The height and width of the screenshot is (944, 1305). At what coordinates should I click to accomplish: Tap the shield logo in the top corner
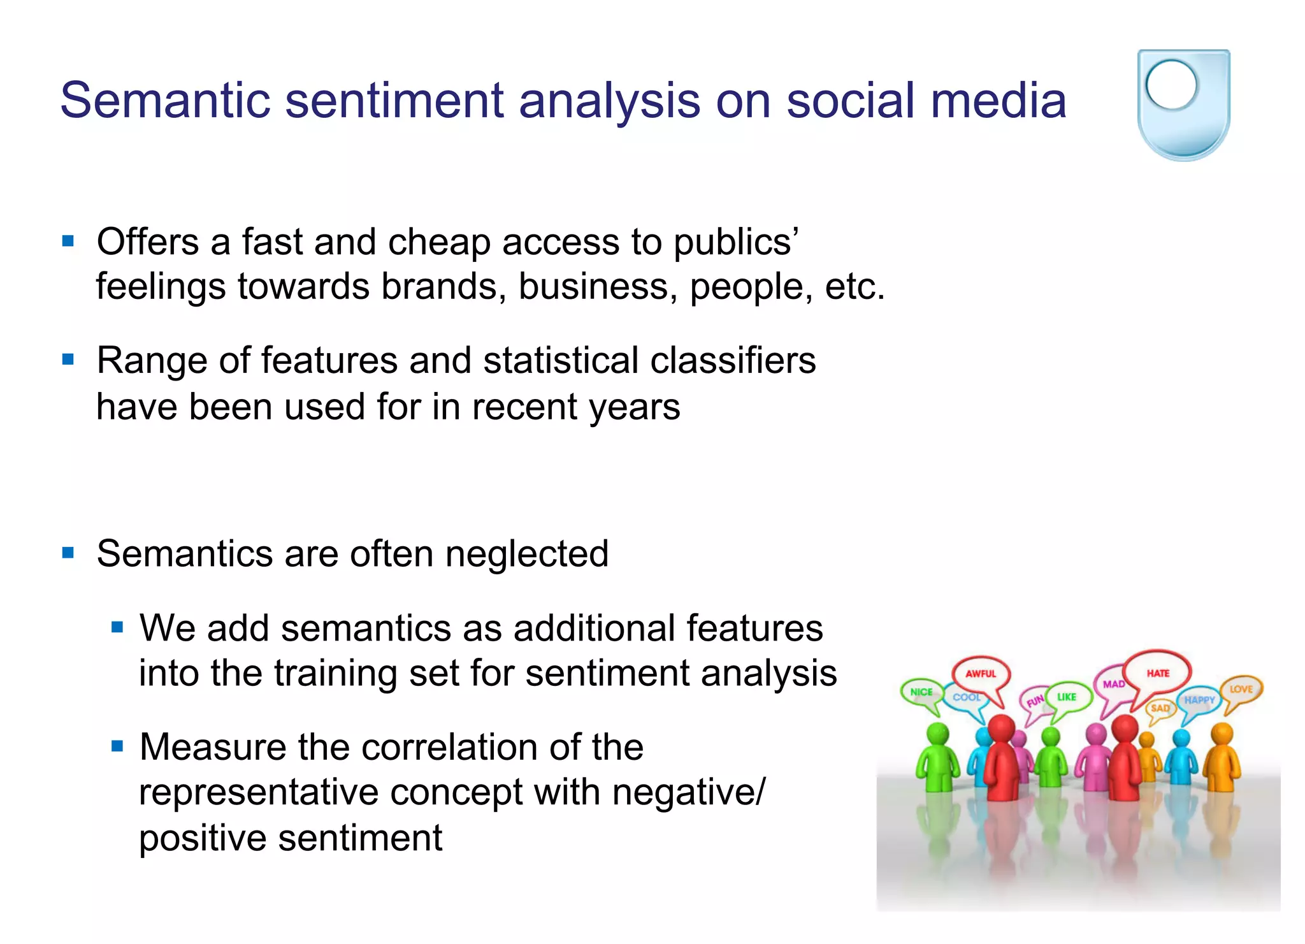click(x=1183, y=105)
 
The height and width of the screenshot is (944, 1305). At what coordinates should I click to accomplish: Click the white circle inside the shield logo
click(x=1171, y=85)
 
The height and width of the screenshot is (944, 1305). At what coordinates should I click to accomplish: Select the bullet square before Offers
click(x=68, y=241)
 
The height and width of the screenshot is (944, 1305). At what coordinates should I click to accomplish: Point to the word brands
click(x=443, y=286)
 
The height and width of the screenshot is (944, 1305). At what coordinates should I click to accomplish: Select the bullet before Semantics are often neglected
click(x=68, y=552)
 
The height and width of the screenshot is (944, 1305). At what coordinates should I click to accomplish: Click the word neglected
click(x=526, y=553)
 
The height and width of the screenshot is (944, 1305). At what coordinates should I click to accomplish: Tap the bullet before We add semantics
click(x=117, y=627)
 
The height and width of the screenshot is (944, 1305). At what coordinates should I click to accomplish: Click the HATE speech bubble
click(x=1157, y=673)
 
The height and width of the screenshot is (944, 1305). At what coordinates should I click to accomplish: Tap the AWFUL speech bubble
click(x=980, y=674)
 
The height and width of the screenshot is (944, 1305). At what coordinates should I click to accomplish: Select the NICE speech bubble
click(x=921, y=692)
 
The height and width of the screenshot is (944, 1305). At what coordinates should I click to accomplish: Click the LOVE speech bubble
click(x=1241, y=690)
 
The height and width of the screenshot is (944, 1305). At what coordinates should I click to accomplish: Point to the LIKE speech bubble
click(x=1067, y=697)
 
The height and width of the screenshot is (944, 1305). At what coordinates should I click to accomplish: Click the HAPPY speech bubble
click(x=1199, y=700)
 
